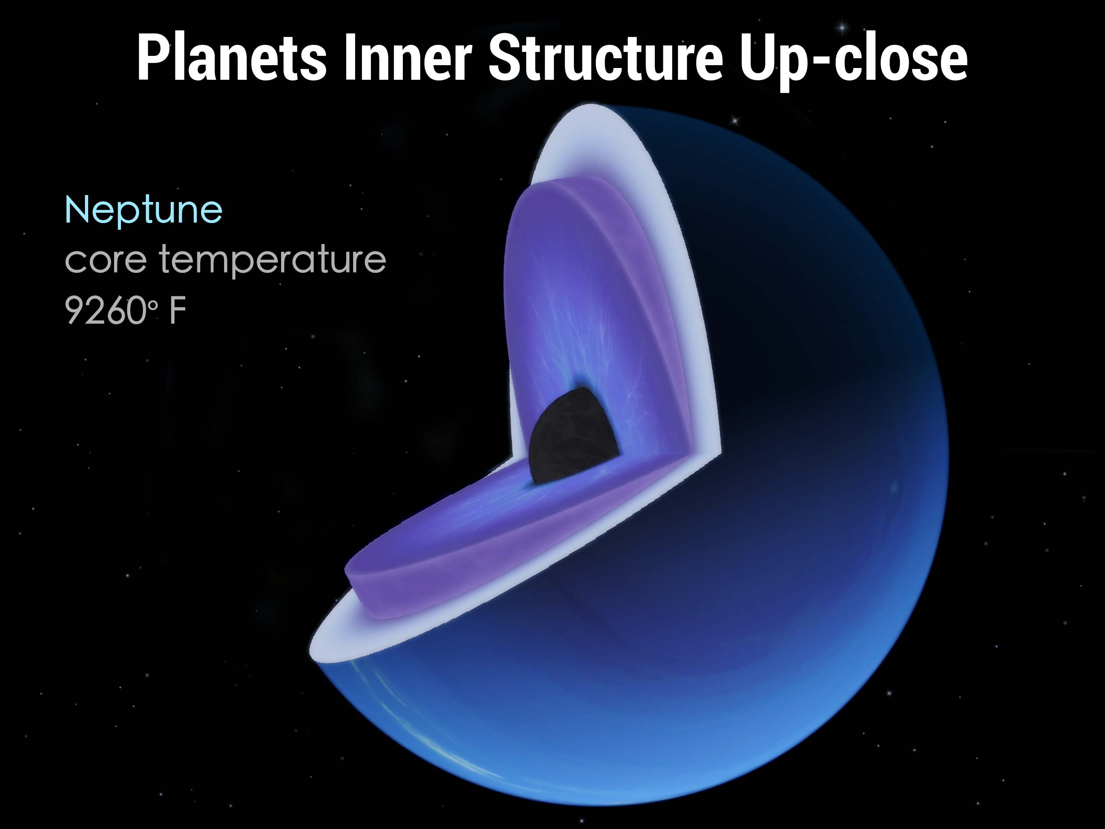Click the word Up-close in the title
tap(854, 62)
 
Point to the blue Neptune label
tap(143, 211)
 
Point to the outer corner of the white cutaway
tap(720, 454)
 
